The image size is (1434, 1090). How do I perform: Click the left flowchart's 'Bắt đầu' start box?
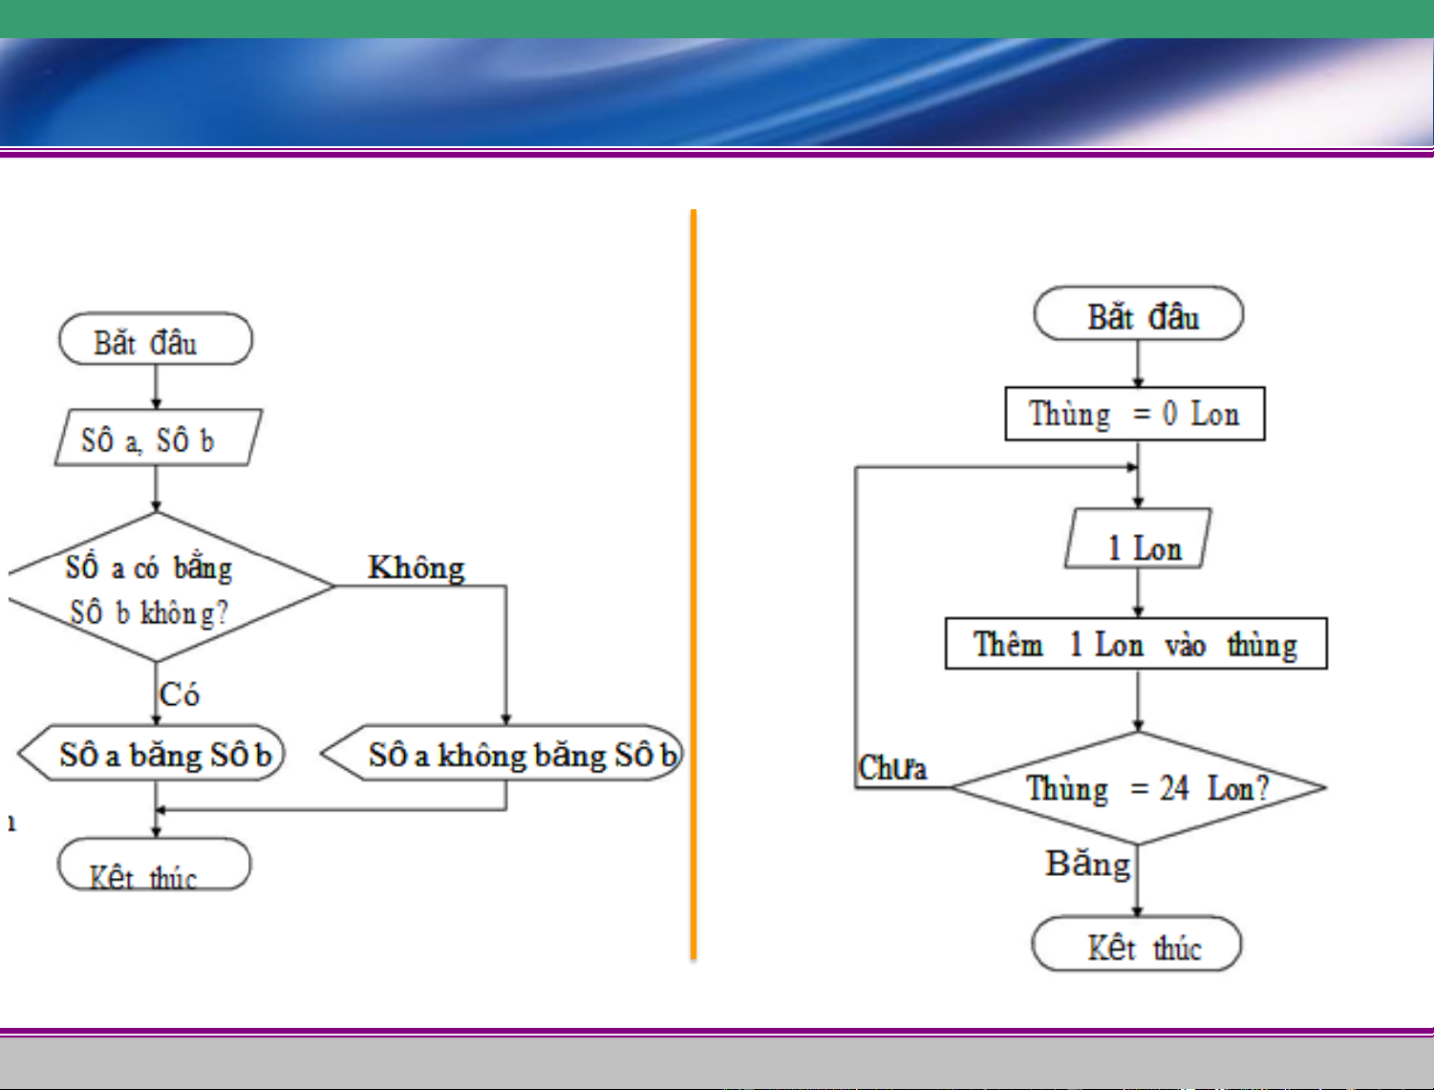point(156,339)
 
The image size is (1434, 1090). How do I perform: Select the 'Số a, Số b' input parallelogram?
point(158,438)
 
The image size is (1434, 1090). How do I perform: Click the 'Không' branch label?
point(417,567)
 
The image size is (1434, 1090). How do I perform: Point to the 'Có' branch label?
point(180,694)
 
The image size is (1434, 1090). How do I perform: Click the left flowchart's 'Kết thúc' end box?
point(154,866)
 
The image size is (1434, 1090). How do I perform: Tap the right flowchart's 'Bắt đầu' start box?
point(1139,314)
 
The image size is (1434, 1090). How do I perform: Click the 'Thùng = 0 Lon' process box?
point(1135,414)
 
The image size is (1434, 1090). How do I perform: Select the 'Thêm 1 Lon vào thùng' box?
point(1136,644)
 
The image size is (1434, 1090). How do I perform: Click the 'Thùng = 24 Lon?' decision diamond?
point(1138,788)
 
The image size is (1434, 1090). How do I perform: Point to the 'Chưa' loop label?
point(892,768)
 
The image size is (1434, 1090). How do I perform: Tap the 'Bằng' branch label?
point(1088,864)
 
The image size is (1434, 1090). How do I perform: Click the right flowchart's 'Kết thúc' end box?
point(1137,945)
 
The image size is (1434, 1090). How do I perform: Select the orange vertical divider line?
point(694,583)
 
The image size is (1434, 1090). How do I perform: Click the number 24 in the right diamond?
point(1174,788)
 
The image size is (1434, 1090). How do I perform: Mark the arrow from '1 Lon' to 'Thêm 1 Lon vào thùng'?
point(1138,593)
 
